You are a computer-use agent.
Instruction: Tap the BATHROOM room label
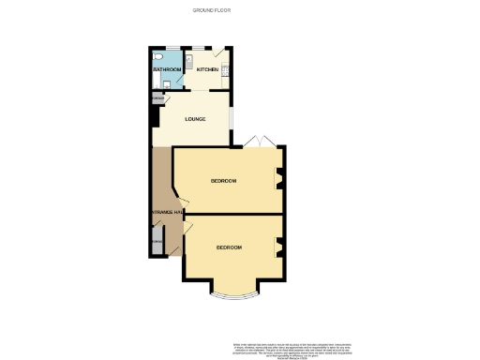coord(167,70)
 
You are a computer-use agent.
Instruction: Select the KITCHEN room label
coord(207,70)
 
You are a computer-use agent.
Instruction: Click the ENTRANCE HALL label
coord(166,213)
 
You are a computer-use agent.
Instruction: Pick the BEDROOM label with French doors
coord(223,180)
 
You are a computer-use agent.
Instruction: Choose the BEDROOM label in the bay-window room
coord(229,247)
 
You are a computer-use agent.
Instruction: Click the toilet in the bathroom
coord(159,57)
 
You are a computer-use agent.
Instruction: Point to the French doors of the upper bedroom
coord(258,142)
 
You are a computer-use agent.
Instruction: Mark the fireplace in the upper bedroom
coord(277,179)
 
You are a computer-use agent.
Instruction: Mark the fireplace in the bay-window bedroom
coord(277,247)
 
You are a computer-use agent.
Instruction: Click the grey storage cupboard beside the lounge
coord(157,97)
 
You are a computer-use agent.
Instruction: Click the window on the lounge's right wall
coord(232,119)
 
